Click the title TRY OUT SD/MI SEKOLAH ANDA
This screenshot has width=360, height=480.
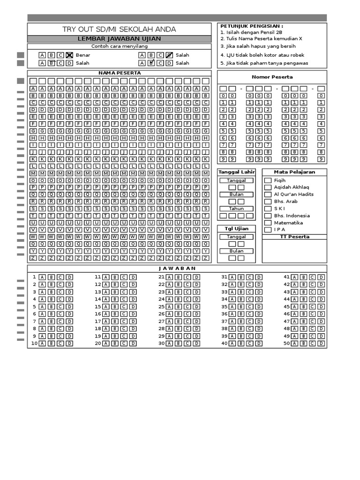coord(119,30)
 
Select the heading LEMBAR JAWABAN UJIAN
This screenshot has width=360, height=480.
coord(119,39)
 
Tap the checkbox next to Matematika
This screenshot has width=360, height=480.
coord(268,223)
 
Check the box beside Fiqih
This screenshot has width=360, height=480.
coord(268,180)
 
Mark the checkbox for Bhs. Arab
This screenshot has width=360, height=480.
coord(268,202)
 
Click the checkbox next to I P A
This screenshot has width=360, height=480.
coord(268,230)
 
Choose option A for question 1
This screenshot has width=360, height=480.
coord(42,277)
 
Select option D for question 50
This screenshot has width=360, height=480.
coord(321,344)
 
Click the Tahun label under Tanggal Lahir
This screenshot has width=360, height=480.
coord(236,209)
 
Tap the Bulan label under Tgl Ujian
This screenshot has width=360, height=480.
coord(236,251)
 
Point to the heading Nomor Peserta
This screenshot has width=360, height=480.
coord(272,77)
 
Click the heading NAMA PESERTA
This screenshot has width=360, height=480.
coord(119,73)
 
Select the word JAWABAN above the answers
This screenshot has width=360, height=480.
coord(177,269)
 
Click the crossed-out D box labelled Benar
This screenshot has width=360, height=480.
coord(69,55)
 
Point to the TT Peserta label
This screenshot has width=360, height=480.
coord(294,237)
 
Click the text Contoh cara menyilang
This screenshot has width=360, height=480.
coord(119,46)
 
